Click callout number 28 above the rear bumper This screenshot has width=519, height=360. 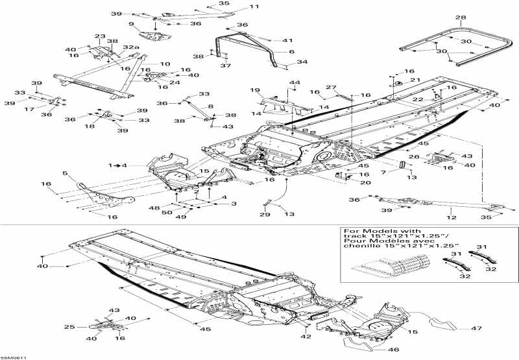(x=461, y=18)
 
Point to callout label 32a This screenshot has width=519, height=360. (x=130, y=47)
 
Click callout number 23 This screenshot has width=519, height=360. (x=100, y=36)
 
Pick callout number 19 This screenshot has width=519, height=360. (x=256, y=90)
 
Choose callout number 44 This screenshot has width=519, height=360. (x=295, y=82)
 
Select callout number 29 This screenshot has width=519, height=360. (x=265, y=214)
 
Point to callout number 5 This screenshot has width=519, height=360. (x=65, y=173)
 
